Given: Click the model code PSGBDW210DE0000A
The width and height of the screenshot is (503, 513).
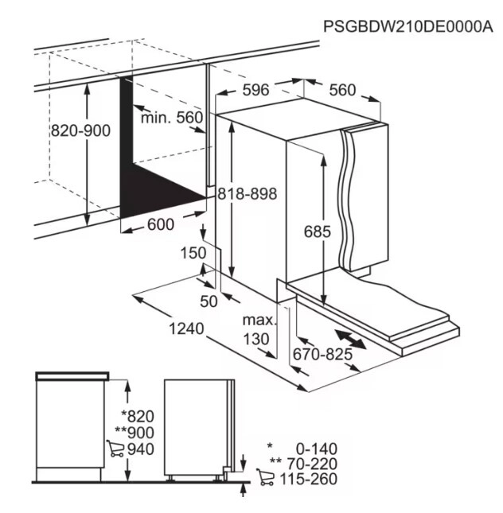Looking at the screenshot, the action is [x=408, y=26].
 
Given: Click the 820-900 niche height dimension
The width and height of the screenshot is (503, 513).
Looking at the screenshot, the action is [x=81, y=131].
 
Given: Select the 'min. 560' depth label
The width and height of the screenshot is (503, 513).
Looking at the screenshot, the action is [x=172, y=117].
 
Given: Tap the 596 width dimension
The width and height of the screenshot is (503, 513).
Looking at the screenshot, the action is [x=255, y=90].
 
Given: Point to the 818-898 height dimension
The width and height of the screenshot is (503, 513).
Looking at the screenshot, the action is [x=248, y=194].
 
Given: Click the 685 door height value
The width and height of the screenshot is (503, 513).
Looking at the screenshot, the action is [x=318, y=231].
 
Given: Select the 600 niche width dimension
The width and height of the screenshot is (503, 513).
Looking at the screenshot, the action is [x=161, y=224].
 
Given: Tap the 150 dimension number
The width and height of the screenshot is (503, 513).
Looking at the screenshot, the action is [x=193, y=253].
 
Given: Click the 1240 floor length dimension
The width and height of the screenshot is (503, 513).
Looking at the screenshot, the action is [x=186, y=328].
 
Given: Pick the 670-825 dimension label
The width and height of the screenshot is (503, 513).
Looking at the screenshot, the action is [x=322, y=354].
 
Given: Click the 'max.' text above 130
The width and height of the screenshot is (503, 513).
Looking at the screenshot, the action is [x=259, y=321].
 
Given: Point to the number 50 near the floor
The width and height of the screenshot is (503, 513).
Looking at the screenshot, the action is [x=209, y=301].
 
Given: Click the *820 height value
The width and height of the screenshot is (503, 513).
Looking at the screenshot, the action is [x=138, y=417].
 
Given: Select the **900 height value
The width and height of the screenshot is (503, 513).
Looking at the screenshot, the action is [x=135, y=433].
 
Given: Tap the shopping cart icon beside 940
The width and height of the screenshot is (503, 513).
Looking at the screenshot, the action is [x=115, y=449].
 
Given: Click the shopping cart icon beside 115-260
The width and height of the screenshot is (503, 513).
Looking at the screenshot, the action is [x=265, y=477].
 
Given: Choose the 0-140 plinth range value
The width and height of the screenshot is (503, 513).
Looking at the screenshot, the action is [x=317, y=449].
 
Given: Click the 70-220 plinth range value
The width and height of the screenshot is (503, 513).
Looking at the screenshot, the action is [x=313, y=464].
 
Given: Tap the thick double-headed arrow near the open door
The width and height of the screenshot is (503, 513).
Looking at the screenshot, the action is [x=350, y=340].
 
